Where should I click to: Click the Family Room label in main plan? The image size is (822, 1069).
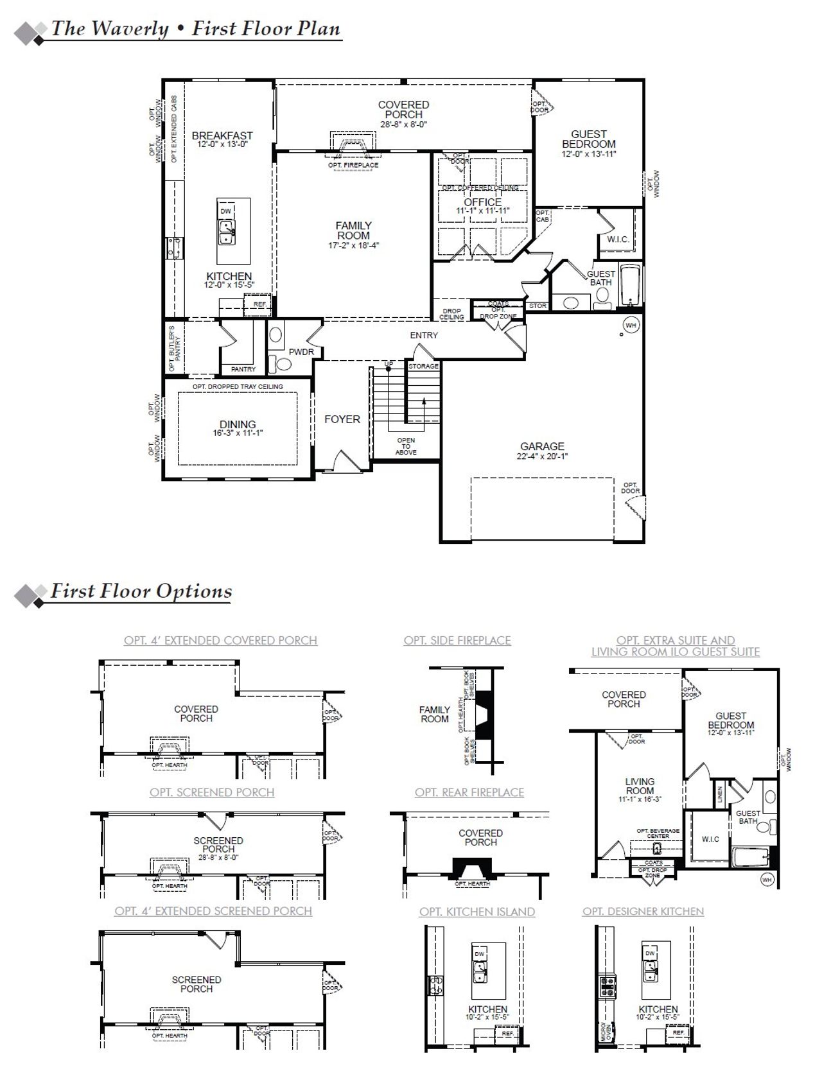click(x=353, y=230)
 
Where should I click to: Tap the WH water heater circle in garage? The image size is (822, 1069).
click(x=631, y=326)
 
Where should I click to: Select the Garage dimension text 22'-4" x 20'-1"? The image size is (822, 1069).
click(x=542, y=456)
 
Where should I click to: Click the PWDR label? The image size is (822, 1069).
click(x=301, y=352)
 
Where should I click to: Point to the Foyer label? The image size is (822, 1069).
click(x=342, y=419)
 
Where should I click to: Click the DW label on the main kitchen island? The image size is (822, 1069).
click(x=225, y=211)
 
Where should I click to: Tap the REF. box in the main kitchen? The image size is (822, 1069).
click(x=259, y=304)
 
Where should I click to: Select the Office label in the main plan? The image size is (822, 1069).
click(x=482, y=202)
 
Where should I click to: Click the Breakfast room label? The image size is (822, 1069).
click(x=222, y=135)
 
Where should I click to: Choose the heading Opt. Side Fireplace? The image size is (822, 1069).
click(x=457, y=640)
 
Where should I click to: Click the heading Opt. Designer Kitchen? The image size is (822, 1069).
click(x=643, y=911)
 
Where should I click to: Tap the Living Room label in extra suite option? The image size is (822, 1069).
click(x=640, y=786)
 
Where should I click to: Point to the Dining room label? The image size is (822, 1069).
click(x=238, y=424)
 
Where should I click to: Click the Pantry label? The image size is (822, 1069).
click(x=243, y=369)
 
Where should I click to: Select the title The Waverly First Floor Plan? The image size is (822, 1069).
click(x=195, y=30)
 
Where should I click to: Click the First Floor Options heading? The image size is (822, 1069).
click(x=141, y=591)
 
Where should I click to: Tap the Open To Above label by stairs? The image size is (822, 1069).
click(x=406, y=446)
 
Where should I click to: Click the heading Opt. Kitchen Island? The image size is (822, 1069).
click(x=477, y=911)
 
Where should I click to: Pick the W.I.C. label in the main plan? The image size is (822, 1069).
click(x=618, y=239)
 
